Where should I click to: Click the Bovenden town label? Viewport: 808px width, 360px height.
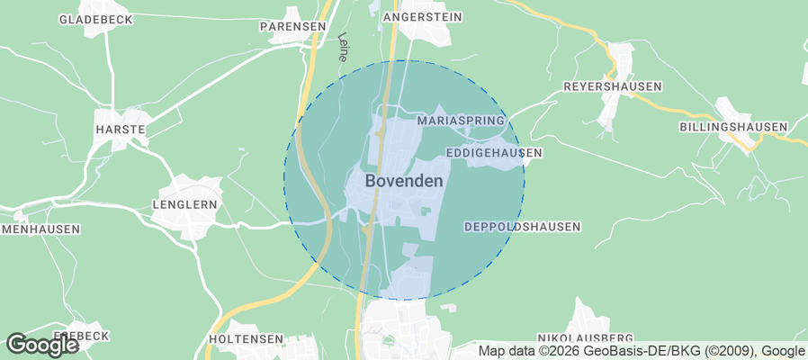pyautogui.click(x=404, y=181)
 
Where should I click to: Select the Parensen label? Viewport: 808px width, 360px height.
pyautogui.click(x=292, y=26)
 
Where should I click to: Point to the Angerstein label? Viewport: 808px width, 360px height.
pyautogui.click(x=422, y=17)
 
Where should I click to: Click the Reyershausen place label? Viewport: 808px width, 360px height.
pyautogui.click(x=612, y=86)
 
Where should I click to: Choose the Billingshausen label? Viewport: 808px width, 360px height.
pyautogui.click(x=733, y=127)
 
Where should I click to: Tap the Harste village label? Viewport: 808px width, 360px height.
pyautogui.click(x=120, y=130)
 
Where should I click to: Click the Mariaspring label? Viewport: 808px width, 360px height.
pyautogui.click(x=462, y=120)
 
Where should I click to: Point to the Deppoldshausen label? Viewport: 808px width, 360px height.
pyautogui.click(x=522, y=227)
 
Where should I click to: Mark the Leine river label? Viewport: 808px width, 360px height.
pyautogui.click(x=343, y=47)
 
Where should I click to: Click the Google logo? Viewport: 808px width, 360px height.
pyautogui.click(x=42, y=345)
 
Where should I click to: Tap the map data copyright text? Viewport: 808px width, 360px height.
pyautogui.click(x=641, y=351)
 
